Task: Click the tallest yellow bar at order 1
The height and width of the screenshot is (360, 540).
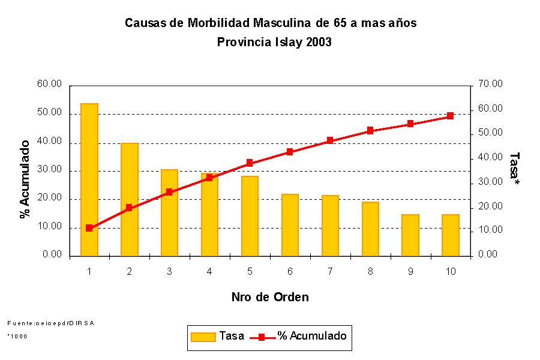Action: (x=89, y=180)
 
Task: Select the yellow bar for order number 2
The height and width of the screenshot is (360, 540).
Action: (x=129, y=199)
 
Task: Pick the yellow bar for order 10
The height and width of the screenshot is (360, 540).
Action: (x=451, y=235)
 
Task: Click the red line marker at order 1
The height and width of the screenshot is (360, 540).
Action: (x=89, y=228)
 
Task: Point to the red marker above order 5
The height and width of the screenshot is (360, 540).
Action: (x=250, y=163)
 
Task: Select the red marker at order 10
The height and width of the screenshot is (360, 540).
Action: (x=451, y=116)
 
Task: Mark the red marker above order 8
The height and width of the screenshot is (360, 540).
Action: (x=370, y=130)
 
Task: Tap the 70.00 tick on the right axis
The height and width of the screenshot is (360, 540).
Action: (x=491, y=85)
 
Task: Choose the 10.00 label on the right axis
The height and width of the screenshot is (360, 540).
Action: (x=491, y=230)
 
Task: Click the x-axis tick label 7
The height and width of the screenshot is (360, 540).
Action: (x=330, y=272)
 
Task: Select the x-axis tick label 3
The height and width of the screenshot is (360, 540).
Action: (x=169, y=272)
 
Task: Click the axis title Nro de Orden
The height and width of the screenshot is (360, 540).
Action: (x=270, y=297)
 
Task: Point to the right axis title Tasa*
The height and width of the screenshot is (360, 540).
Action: (x=514, y=169)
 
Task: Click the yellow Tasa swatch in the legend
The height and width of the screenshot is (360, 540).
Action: (x=203, y=337)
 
